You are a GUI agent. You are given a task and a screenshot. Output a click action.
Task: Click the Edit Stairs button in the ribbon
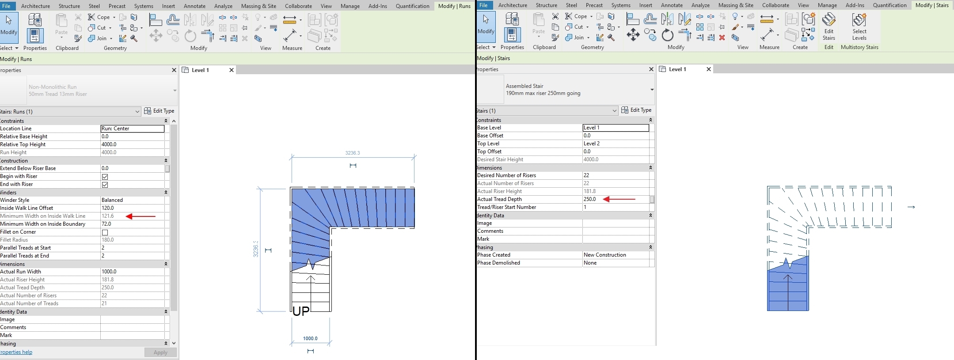829,27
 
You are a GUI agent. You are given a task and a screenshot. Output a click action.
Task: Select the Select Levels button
859,27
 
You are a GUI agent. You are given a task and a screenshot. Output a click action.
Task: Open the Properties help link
16,352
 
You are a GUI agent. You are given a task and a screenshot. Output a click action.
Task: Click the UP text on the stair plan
301,311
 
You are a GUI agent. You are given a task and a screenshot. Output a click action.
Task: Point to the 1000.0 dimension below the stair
310,338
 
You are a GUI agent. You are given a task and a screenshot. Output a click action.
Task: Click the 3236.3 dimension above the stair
353,153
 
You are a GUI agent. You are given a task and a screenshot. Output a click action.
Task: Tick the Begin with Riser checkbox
105,177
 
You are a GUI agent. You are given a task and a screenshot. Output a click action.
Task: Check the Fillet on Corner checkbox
105,232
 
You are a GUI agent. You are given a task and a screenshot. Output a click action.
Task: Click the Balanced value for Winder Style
112,200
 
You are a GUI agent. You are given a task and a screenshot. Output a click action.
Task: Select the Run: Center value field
133,129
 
